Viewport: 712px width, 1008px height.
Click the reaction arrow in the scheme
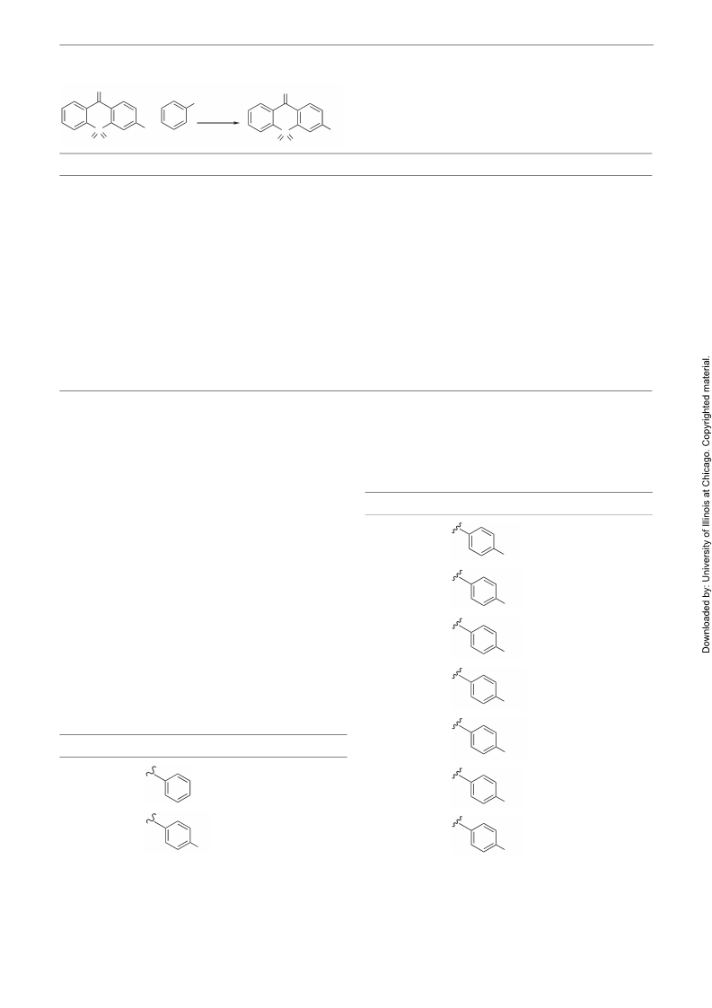click(x=219, y=122)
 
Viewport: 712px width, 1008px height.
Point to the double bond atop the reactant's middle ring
click(x=99, y=99)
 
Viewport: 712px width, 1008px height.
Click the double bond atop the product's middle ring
click(x=285, y=99)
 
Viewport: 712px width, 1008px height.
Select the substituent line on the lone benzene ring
click(x=189, y=105)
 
